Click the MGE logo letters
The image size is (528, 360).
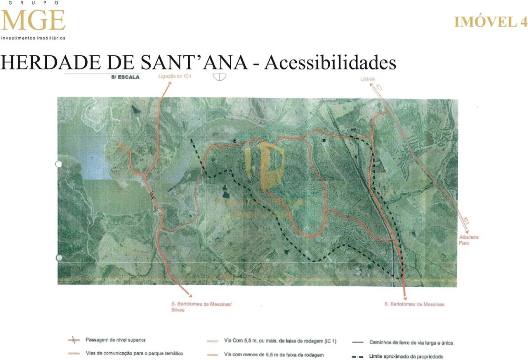pyautogui.click(x=33, y=20)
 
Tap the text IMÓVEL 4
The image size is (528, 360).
pyautogui.click(x=490, y=22)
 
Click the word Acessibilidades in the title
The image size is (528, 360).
pyautogui.click(x=330, y=63)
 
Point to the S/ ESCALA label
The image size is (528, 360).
pyautogui.click(x=126, y=77)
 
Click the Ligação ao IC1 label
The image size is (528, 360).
pyautogui.click(x=175, y=76)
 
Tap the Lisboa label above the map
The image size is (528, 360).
pyautogui.click(x=367, y=79)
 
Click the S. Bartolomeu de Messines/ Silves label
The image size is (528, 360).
pyautogui.click(x=201, y=307)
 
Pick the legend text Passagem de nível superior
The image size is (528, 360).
pyautogui.click(x=116, y=340)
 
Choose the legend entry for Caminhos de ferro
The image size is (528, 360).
pyautogui.click(x=411, y=343)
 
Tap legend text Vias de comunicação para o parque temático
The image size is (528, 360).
pyautogui.click(x=134, y=354)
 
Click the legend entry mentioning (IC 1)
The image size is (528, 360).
pyautogui.click(x=280, y=341)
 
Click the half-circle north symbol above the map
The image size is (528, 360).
pyautogui.click(x=219, y=76)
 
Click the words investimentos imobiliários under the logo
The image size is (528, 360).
pyautogui.click(x=33, y=38)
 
